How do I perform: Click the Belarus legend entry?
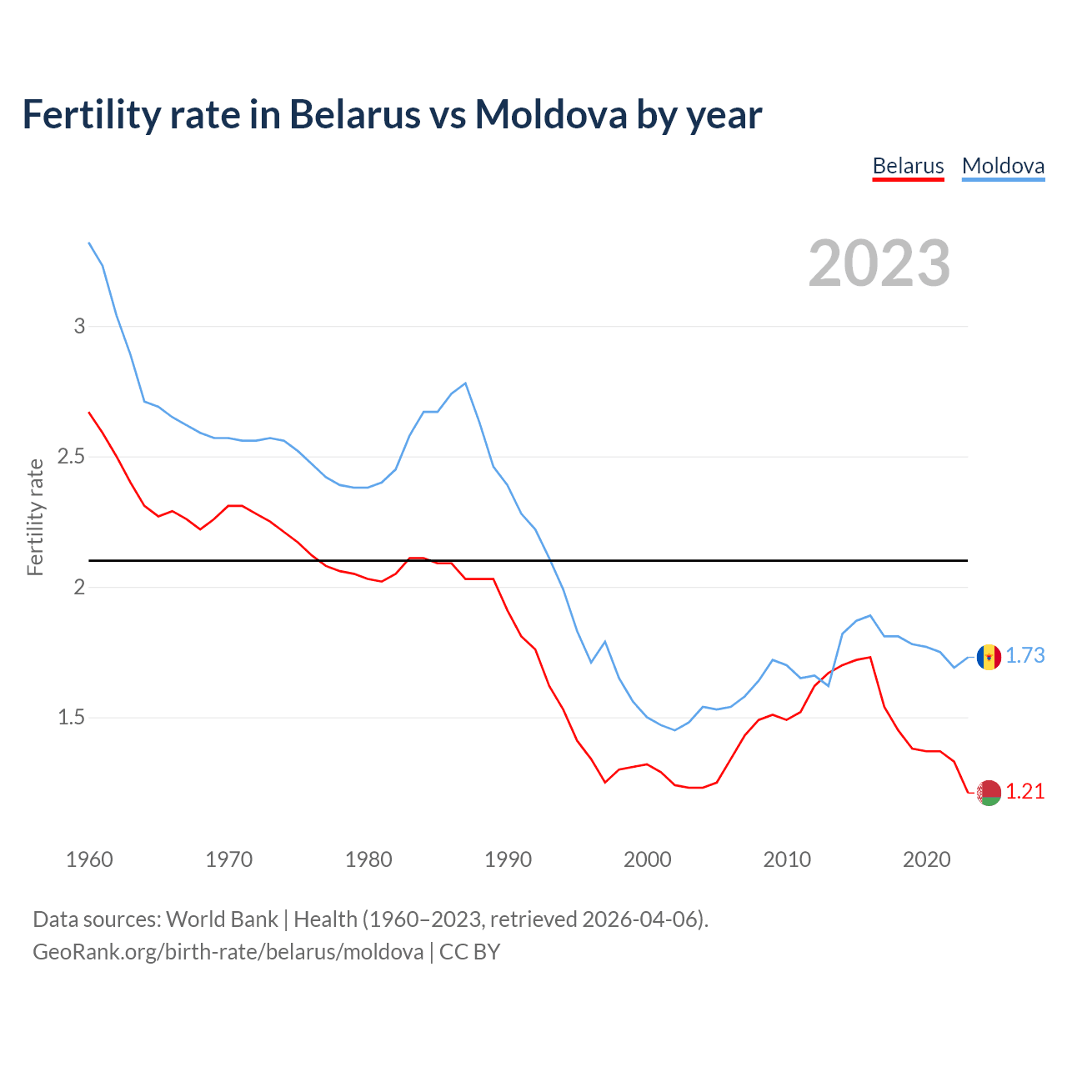pyautogui.click(x=908, y=166)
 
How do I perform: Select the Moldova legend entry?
pyautogui.click(x=1003, y=166)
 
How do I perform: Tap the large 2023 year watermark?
pyautogui.click(x=879, y=263)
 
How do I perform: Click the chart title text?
pyautogui.click(x=392, y=114)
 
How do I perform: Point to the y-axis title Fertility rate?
pyautogui.click(x=35, y=517)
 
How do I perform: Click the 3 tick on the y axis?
pyautogui.click(x=79, y=326)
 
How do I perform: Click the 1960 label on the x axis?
pyautogui.click(x=89, y=859)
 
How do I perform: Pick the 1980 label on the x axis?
pyautogui.click(x=368, y=859)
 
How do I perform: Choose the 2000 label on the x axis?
pyautogui.click(x=647, y=859)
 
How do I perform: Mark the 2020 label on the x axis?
pyautogui.click(x=926, y=859)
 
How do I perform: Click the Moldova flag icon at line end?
pyautogui.click(x=989, y=657)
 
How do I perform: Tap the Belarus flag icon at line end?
pyautogui.click(x=989, y=793)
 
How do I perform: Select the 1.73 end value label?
pyautogui.click(x=1024, y=656)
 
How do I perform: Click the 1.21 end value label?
pyautogui.click(x=1024, y=792)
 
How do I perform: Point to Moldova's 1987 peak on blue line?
pyautogui.click(x=465, y=383)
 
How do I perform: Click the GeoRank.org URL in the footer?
pyautogui.click(x=228, y=952)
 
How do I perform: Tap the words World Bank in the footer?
pyautogui.click(x=222, y=919)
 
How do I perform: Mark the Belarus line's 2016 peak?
pyautogui.click(x=870, y=657)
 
